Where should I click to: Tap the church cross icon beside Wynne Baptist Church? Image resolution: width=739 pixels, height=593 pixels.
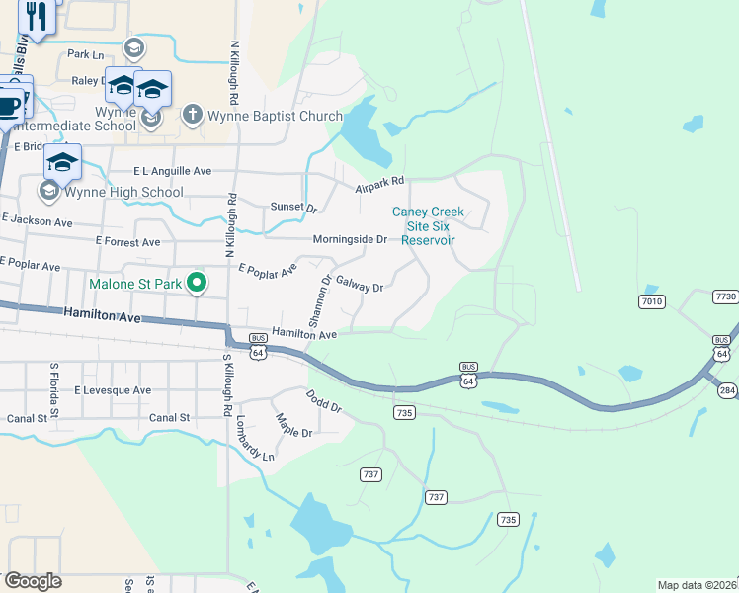pos(194,116)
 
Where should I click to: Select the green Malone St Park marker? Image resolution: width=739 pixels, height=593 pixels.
pos(197,284)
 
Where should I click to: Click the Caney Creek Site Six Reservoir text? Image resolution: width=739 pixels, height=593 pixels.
pos(428,225)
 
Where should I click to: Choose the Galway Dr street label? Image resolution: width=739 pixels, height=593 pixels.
pos(360,285)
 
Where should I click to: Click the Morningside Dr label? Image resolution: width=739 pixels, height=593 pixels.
pos(342,239)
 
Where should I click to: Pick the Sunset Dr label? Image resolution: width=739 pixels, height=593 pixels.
pos(293,208)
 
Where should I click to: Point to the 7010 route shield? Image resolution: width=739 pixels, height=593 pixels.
pos(652,301)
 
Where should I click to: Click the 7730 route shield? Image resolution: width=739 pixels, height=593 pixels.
pos(726,296)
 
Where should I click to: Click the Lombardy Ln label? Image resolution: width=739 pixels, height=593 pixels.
pos(255,438)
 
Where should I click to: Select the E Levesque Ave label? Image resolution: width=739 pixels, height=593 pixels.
pos(113,390)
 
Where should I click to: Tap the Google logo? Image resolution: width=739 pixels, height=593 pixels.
pos(33,581)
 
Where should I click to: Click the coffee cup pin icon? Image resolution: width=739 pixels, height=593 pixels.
pos(8,105)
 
